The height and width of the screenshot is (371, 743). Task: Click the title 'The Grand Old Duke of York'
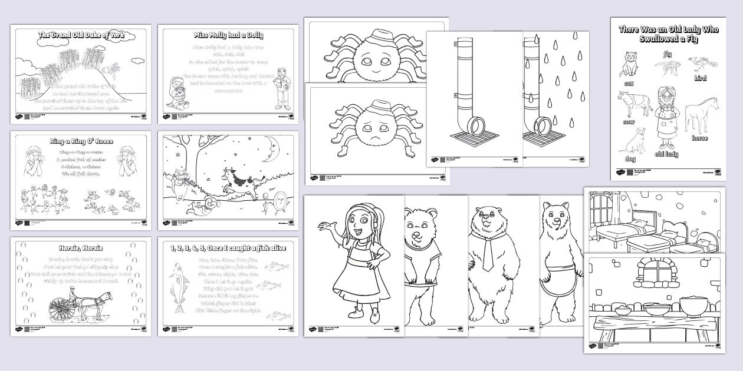pyautogui.click(x=80, y=35)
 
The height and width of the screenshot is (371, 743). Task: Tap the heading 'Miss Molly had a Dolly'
pyautogui.click(x=228, y=35)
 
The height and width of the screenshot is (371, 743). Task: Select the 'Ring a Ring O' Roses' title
pyautogui.click(x=81, y=141)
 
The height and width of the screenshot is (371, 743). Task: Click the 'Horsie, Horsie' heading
pyautogui.click(x=81, y=248)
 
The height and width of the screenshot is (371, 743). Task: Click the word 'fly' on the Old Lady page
pyautogui.click(x=668, y=55)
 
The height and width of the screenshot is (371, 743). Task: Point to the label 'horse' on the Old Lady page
pyautogui.click(x=699, y=138)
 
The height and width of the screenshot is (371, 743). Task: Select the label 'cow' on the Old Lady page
pyautogui.click(x=629, y=122)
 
